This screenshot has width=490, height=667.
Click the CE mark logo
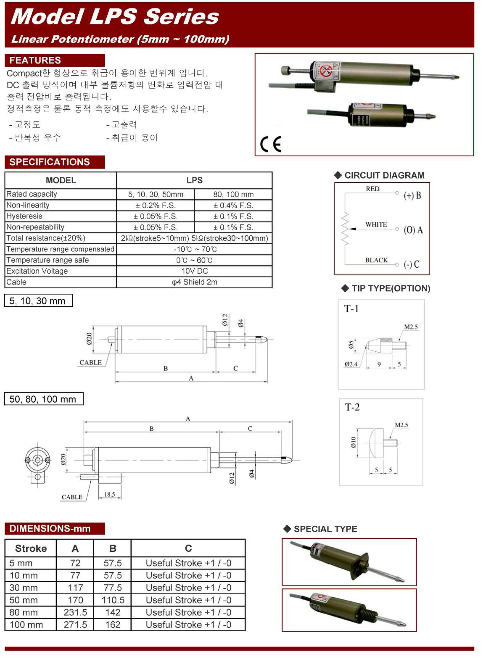click(x=271, y=144)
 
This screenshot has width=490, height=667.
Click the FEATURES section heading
click(x=35, y=60)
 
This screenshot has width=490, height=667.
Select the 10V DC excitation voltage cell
click(x=194, y=271)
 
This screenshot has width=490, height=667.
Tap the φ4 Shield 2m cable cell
click(x=194, y=282)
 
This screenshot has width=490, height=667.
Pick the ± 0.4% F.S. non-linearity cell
click(x=233, y=205)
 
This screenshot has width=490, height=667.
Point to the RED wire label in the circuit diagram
click(x=372, y=189)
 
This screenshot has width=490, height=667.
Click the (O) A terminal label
click(x=413, y=230)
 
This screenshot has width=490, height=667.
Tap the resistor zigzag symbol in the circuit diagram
click(x=345, y=229)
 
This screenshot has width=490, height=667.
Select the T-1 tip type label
click(x=351, y=309)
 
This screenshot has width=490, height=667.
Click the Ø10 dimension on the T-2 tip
click(x=353, y=442)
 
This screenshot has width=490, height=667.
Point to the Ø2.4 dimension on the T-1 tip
click(x=351, y=364)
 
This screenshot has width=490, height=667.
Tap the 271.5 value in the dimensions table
click(x=75, y=625)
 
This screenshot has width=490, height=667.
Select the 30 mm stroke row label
click(x=23, y=588)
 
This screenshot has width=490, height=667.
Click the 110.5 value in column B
click(x=113, y=600)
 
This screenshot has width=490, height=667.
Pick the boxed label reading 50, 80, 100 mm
click(x=43, y=399)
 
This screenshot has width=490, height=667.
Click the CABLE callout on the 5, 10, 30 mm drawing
click(x=90, y=362)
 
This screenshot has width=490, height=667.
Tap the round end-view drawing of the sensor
click(x=37, y=461)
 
